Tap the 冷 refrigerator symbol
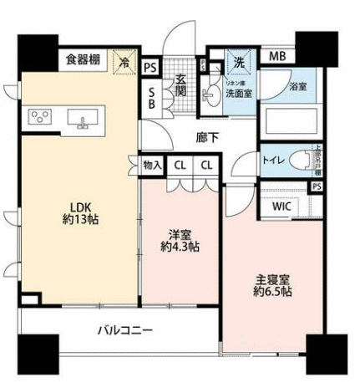point(124,61)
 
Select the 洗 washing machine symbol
point(239,60)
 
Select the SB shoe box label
point(150,98)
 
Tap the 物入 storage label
point(152,166)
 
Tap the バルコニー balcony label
point(124,331)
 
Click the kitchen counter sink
point(84,119)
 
